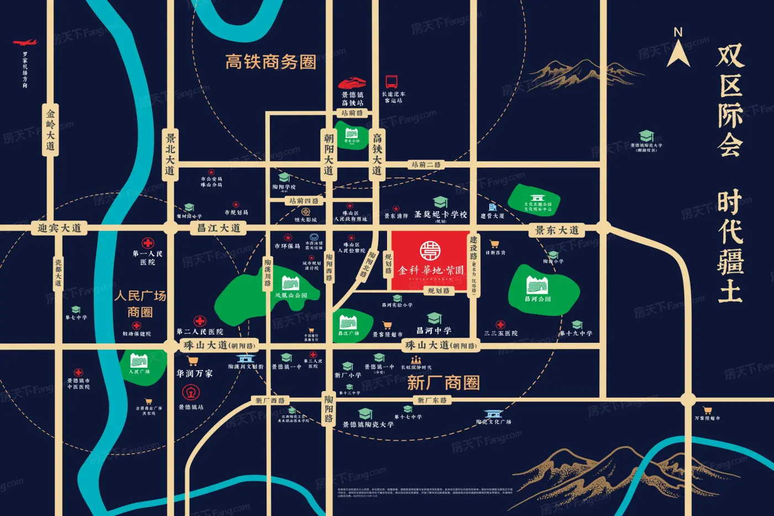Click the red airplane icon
[x=24, y=43]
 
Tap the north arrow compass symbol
[x=678, y=49]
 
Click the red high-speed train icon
[x=352, y=83]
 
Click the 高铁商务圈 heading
[x=270, y=62]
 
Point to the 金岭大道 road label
[x=50, y=130]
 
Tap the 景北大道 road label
[x=170, y=153]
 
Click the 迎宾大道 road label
[x=59, y=228]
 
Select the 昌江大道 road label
[x=219, y=228]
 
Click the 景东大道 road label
[x=557, y=230]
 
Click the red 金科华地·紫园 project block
[x=431, y=260]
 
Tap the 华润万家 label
[x=195, y=374]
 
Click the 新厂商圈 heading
[x=443, y=383]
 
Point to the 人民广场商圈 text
[x=140, y=304]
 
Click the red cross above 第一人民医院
[x=148, y=243]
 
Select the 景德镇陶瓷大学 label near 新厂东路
[x=368, y=425]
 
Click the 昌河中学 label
[x=433, y=331]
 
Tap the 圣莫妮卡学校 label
[x=441, y=215]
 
